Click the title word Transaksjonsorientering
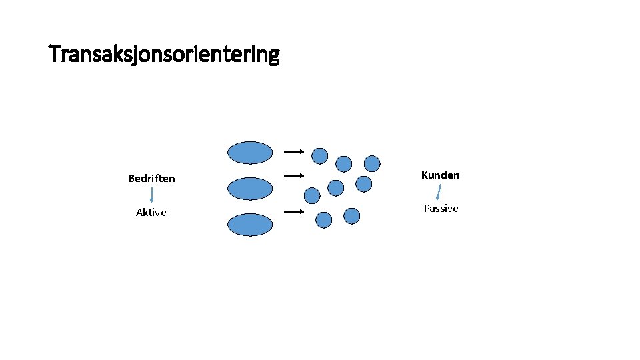click(x=165, y=54)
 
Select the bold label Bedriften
click(x=151, y=179)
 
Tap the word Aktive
click(x=151, y=213)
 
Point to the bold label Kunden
click(x=440, y=175)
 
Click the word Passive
click(x=441, y=209)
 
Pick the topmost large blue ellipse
click(x=250, y=153)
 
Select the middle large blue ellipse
click(x=250, y=189)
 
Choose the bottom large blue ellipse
click(x=250, y=225)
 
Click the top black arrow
click(x=294, y=152)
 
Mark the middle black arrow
click(x=294, y=176)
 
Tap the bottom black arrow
click(x=294, y=213)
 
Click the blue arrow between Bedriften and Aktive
click(x=152, y=194)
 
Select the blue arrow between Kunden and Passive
click(x=438, y=192)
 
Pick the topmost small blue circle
click(x=320, y=155)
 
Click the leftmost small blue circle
click(x=312, y=195)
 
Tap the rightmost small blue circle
click(x=372, y=163)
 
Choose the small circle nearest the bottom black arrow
click(x=323, y=220)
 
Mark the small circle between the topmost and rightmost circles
click(x=343, y=163)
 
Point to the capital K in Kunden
click(x=425, y=175)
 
